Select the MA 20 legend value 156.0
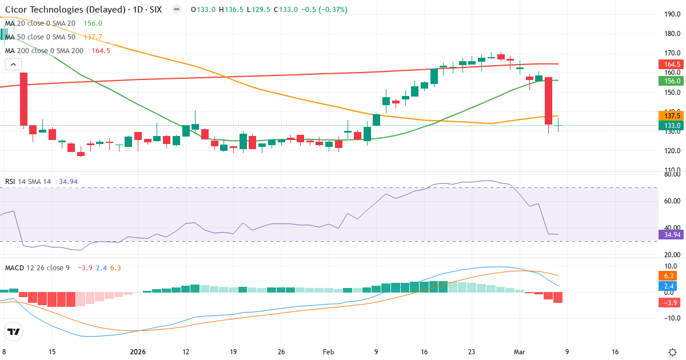coord(93,23)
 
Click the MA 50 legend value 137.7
coord(93,37)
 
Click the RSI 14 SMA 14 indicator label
coord(28,182)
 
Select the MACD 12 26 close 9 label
coord(37,267)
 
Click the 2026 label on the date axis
coord(139,351)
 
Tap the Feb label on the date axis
coord(328,351)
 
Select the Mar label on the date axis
coord(519,351)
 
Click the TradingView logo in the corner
coord(14,331)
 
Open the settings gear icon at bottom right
coord(672,351)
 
